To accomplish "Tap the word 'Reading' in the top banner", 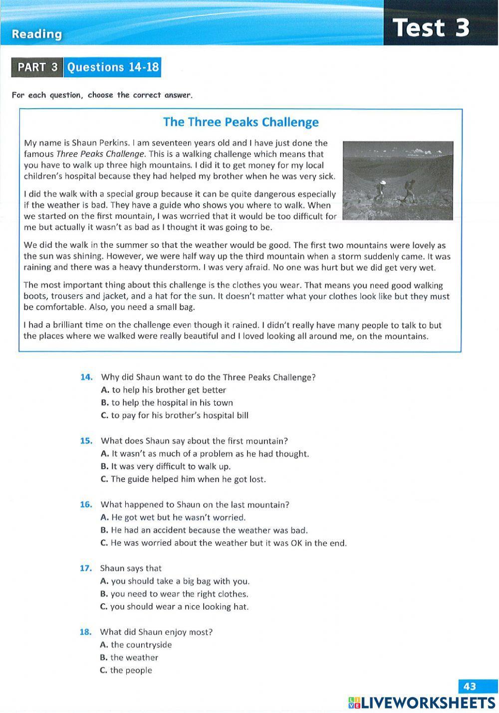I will tap(37, 34).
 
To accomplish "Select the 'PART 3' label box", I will tap(37, 67).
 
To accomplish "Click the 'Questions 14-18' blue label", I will tap(113, 67).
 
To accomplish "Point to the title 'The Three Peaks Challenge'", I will tap(241, 122).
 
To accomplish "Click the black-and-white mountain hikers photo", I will tap(398, 180).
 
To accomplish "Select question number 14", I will tap(86, 377).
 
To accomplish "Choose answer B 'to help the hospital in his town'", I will tap(167, 403).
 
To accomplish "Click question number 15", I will tap(86, 441).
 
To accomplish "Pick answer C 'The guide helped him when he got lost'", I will tap(183, 479).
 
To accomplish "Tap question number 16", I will tap(86, 505).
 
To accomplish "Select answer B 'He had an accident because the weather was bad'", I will tap(204, 531).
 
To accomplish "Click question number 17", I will tap(86, 568).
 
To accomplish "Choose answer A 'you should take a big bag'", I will tap(175, 581).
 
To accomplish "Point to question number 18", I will tap(86, 632).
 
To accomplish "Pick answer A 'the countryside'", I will tap(136, 645).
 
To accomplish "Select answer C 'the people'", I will tap(126, 671).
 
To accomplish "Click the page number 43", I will tap(470, 687).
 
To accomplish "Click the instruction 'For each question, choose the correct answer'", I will tap(102, 95).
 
